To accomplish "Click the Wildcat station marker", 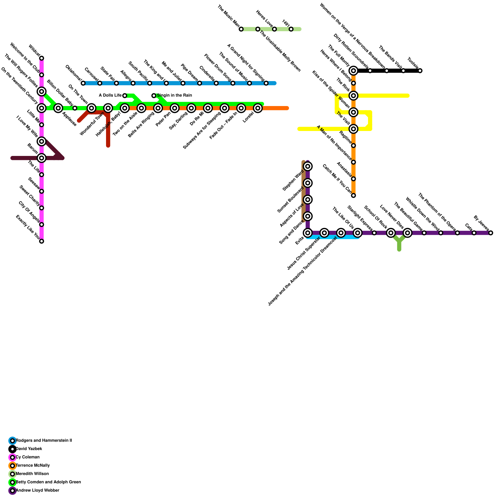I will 41,58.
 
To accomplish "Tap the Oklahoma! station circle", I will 83,83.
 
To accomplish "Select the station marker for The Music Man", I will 241,29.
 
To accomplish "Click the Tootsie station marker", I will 420,71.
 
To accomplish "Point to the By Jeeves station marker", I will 491,233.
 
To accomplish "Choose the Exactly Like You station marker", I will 41,241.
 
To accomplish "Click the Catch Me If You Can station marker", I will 353,196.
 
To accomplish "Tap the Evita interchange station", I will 308,233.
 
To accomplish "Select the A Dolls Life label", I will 110,95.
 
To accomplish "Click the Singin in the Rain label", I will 174,95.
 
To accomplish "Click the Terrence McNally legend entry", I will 32,466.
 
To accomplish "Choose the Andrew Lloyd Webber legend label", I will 37,491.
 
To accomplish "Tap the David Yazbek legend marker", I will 12,449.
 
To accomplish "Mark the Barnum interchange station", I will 41,158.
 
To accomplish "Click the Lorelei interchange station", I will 258,108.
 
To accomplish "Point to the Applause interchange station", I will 58,108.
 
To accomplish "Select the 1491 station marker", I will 291,29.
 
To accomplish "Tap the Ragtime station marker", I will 353,146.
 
